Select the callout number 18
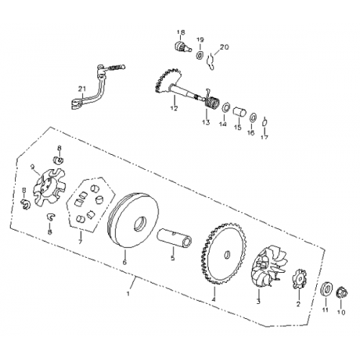coord(181,33)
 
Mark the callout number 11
coord(324,311)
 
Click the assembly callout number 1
coord(130,294)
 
